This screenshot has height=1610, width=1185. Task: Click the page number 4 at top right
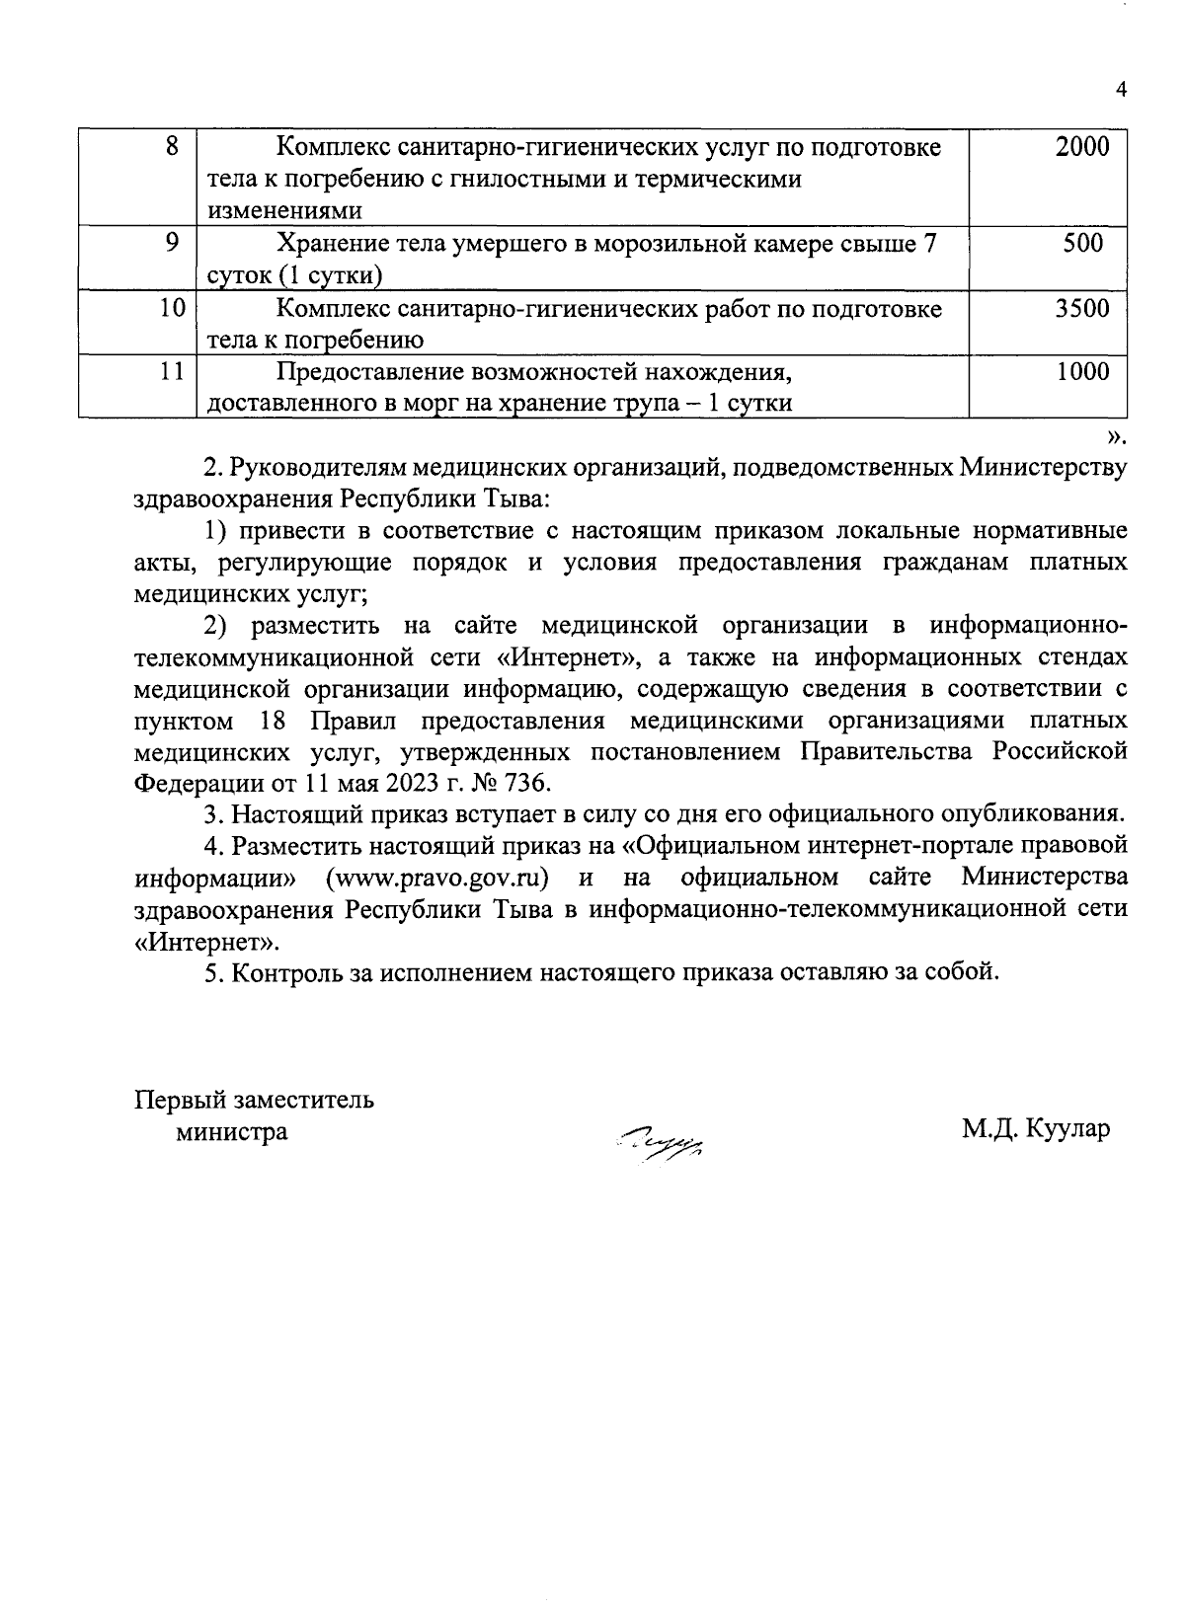(x=1120, y=90)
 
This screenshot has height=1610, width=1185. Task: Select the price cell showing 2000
(x=1081, y=148)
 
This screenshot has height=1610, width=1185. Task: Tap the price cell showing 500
(x=1082, y=244)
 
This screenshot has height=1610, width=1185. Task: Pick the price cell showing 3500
(x=1081, y=309)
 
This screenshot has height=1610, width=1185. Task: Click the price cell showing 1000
(x=1081, y=372)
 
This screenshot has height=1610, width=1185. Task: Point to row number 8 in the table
(x=172, y=148)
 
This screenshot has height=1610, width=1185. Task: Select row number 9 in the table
(x=172, y=244)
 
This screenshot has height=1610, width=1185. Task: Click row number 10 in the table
(x=172, y=309)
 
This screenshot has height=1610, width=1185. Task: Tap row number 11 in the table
(x=172, y=372)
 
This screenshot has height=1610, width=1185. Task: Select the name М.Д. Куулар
(x=1036, y=1127)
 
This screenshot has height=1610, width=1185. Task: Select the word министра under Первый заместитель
(x=232, y=1131)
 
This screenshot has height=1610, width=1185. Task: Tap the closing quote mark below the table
(x=1115, y=435)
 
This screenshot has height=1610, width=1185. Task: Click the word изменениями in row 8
(x=270, y=210)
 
